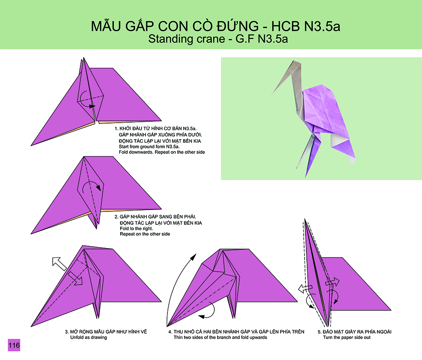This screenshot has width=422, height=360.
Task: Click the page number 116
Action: click(14, 345)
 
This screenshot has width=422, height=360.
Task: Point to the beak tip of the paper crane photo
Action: click(272, 95)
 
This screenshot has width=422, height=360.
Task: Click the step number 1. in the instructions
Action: click(116, 128)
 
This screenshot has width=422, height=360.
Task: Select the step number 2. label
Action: click(117, 217)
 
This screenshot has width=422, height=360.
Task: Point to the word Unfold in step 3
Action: click(77, 337)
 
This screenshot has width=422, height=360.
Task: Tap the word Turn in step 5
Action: click(328, 337)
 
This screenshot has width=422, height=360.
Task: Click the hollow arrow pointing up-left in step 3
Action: click(59, 264)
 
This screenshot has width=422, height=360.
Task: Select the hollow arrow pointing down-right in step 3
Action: click(75, 278)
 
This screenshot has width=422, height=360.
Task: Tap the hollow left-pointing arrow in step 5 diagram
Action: click(305, 289)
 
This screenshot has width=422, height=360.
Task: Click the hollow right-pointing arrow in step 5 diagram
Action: click(332, 282)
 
